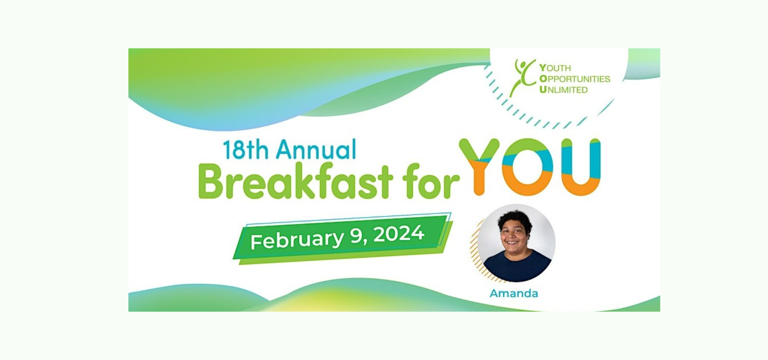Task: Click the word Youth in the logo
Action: point(555,68)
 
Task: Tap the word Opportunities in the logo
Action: point(575,79)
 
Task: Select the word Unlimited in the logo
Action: point(564,90)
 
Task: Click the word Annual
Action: point(316,150)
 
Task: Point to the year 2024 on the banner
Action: point(399,233)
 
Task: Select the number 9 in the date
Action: point(357,237)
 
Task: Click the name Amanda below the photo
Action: point(514,294)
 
